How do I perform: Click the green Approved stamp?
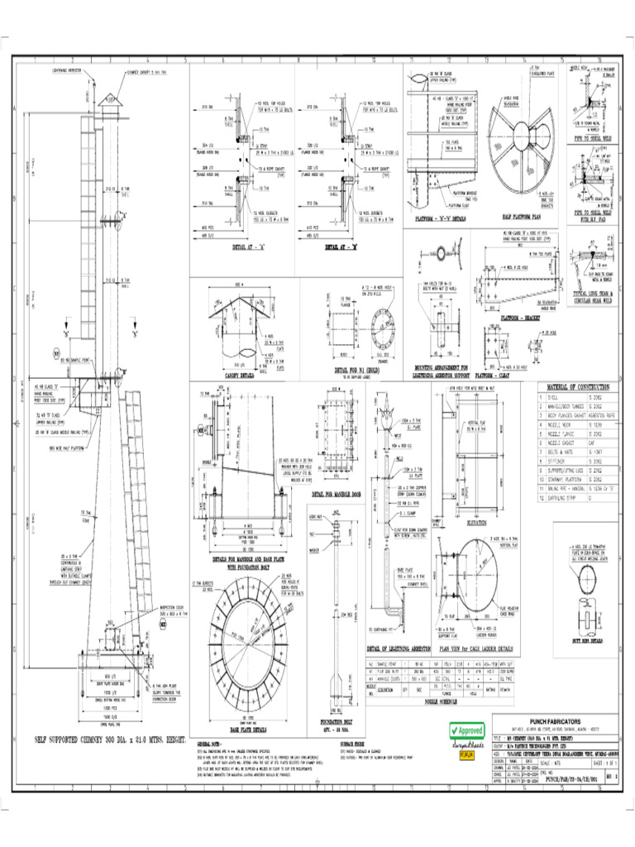coord(466,731)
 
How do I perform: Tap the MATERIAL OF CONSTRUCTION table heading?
coord(575,386)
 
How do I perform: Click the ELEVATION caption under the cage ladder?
coord(484,523)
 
